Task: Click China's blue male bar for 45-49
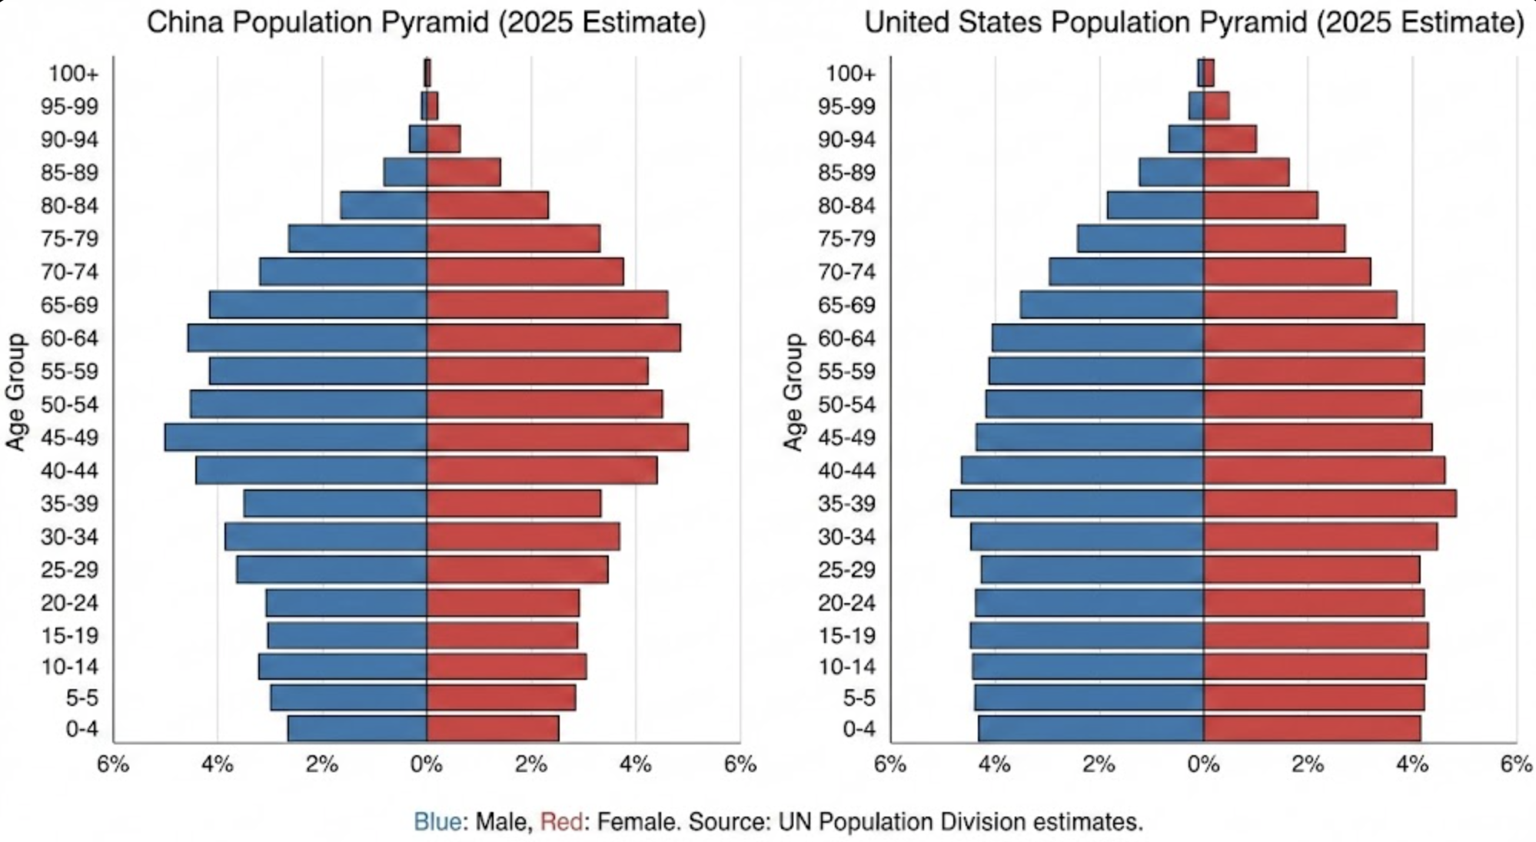296,437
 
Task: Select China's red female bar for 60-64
554,338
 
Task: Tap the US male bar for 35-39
1076,503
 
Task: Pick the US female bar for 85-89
1246,172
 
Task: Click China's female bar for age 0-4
493,728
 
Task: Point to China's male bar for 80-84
384,205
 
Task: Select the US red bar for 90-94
1230,139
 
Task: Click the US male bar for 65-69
1112,304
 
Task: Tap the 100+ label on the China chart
74,74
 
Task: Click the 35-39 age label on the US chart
847,504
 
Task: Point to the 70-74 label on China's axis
70,272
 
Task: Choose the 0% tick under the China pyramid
427,765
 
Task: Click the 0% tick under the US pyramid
1204,765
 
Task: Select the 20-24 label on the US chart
847,603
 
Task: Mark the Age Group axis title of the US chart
793,392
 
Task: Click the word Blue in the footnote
437,822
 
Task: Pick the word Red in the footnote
561,822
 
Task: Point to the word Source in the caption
729,822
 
